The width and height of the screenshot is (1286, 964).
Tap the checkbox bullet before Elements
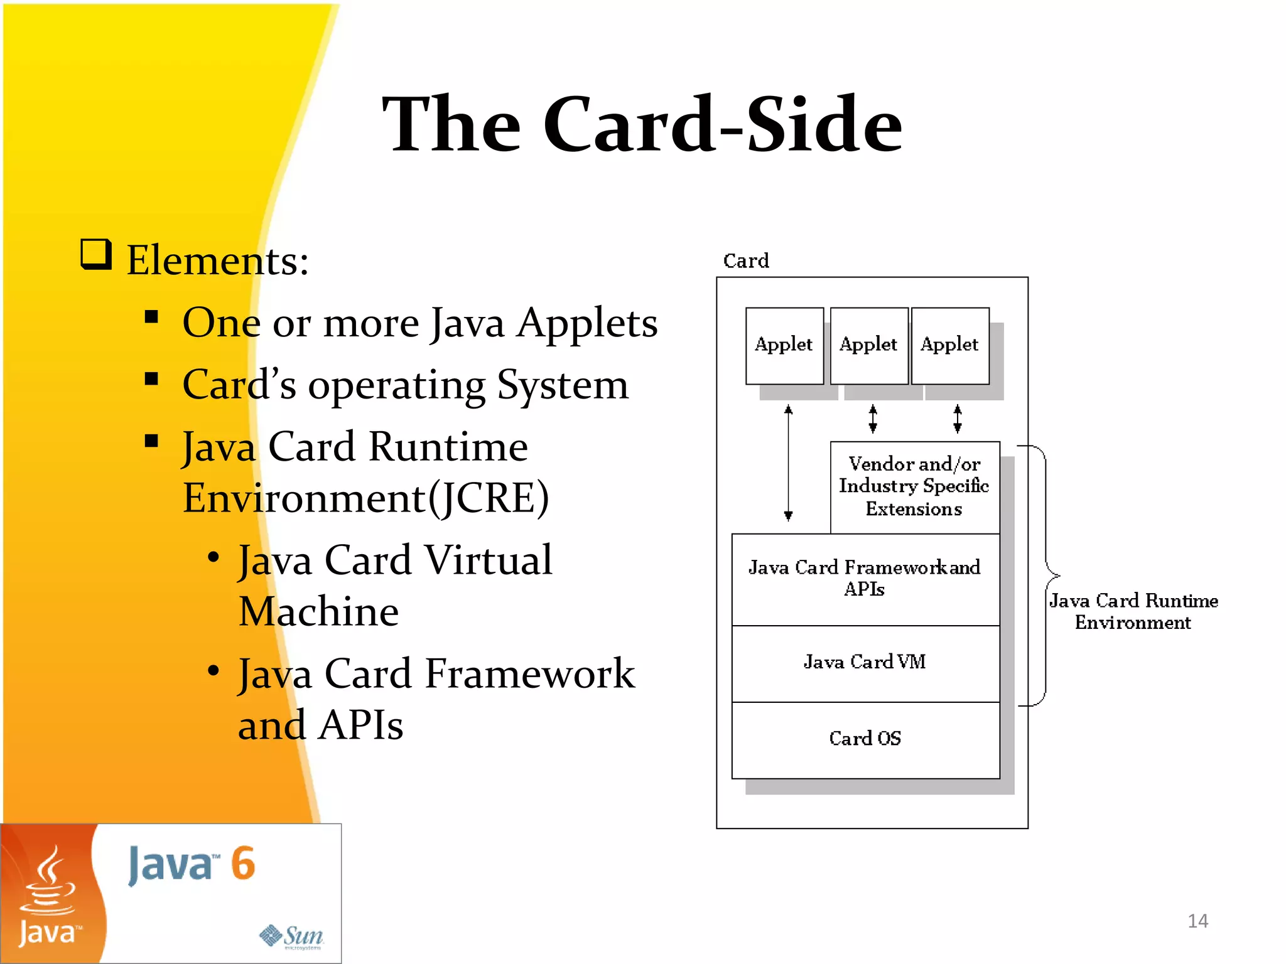pos(96,255)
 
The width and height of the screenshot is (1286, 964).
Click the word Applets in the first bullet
pos(587,324)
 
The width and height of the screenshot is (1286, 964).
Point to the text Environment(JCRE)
pos(365,498)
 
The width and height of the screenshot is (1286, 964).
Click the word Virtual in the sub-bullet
pos(488,560)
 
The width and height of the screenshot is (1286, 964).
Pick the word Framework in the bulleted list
pos(530,674)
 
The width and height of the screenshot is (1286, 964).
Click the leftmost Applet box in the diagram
pos(784,345)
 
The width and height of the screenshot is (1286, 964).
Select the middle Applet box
pos(868,345)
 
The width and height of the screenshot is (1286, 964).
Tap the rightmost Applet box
pos(949,345)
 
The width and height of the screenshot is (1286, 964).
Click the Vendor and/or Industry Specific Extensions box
pos(914,486)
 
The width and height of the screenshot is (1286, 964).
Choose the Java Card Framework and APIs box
pos(865,579)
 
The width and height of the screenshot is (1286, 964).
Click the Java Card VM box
pos(865,663)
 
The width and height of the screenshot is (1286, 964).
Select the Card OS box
pos(865,739)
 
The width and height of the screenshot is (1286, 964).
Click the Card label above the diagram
pos(745,260)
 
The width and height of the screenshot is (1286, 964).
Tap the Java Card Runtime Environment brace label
pos(1133,611)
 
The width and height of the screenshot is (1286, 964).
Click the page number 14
pos(1197,921)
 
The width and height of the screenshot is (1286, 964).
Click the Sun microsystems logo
pos(292,936)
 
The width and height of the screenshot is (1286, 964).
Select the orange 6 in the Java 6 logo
pos(243,864)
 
